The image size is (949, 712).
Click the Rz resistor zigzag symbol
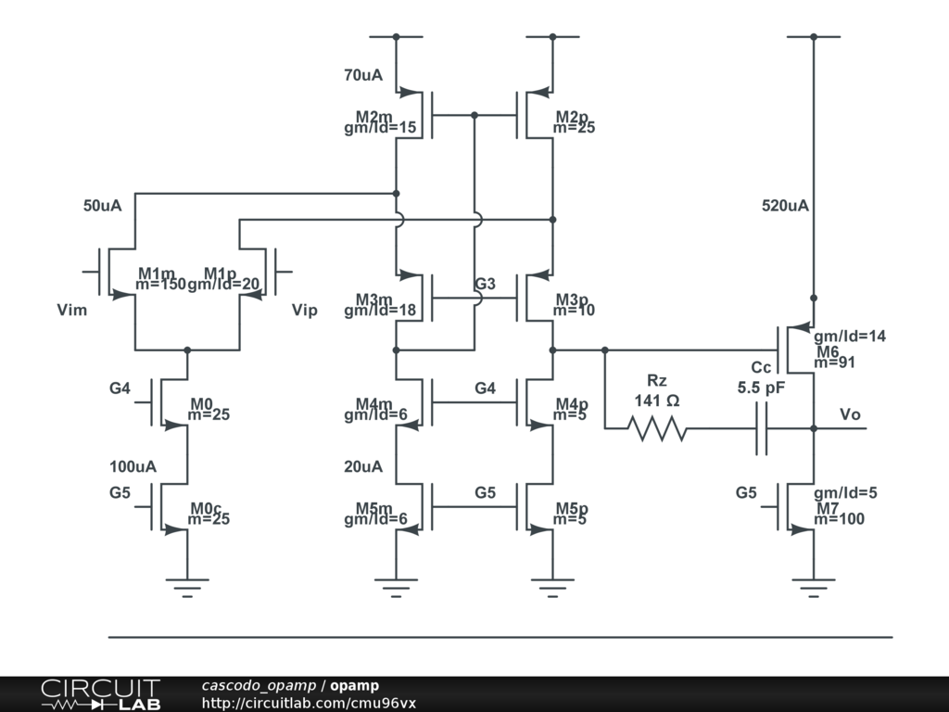pyautogui.click(x=657, y=428)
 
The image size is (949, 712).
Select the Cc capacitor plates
pyautogui.click(x=761, y=428)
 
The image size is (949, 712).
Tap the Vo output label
pyautogui.click(x=850, y=413)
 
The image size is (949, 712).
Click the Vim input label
pyautogui.click(x=72, y=310)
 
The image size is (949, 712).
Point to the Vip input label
pyautogui.click(x=304, y=310)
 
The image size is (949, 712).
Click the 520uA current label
pyautogui.click(x=785, y=206)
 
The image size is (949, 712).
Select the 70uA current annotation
pyautogui.click(x=363, y=75)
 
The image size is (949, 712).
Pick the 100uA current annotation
pyautogui.click(x=133, y=466)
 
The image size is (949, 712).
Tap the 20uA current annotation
pyautogui.click(x=363, y=466)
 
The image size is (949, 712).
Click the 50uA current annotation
pyautogui.click(x=102, y=206)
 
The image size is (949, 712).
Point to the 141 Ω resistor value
pyautogui.click(x=657, y=400)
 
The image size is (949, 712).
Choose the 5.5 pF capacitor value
pyautogui.click(x=761, y=388)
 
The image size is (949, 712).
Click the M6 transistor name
pyautogui.click(x=827, y=350)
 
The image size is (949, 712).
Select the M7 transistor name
pyautogui.click(x=827, y=507)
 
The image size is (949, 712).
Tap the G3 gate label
pyautogui.click(x=485, y=284)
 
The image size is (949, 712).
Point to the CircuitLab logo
pyautogui.click(x=100, y=694)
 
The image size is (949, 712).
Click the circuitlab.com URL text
pyautogui.click(x=309, y=703)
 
